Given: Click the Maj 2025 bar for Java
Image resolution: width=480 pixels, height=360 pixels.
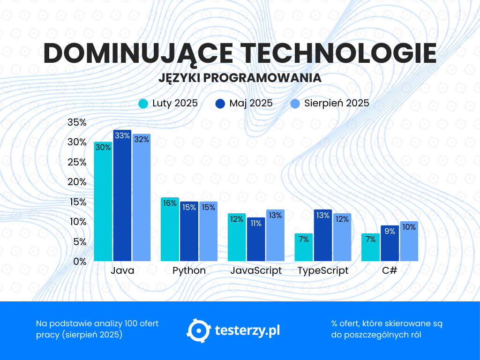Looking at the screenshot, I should [x=122, y=197].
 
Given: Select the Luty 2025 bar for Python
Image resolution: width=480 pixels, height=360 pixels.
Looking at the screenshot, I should [x=170, y=230].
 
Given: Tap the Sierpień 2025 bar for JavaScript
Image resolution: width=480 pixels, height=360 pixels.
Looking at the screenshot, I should [x=275, y=237].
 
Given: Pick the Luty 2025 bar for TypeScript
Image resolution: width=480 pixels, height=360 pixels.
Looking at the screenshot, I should [x=304, y=248].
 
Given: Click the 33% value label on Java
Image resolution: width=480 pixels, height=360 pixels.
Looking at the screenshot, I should [x=122, y=135].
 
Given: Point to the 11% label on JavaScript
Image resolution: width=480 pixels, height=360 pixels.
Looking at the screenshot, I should [x=256, y=223].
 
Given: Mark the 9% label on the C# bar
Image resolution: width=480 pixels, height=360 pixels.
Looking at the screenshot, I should [x=390, y=231].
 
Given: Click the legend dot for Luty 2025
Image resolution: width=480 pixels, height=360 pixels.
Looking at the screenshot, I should [x=143, y=104].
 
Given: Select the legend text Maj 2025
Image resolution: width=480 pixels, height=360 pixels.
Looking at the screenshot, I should [x=251, y=104].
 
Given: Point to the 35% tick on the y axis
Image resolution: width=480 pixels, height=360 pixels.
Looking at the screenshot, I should [x=77, y=122].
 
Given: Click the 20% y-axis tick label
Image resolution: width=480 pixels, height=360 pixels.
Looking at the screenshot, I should [x=77, y=182].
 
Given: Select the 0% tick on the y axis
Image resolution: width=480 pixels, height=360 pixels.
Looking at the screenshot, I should [x=80, y=262].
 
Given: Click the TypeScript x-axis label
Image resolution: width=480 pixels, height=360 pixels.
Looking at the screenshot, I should [x=323, y=271].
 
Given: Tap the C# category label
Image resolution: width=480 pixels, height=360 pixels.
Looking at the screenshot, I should [x=390, y=271].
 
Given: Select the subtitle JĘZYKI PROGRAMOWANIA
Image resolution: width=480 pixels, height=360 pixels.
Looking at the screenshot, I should [x=240, y=78].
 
